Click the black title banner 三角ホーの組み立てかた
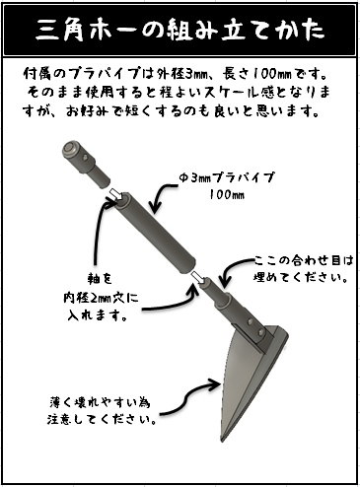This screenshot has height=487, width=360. point(180,31)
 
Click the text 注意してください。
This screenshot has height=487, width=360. point(104,417)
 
